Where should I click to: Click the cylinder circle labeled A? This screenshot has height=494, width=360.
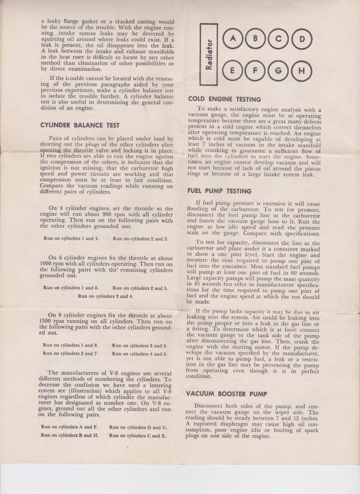(x=233, y=39)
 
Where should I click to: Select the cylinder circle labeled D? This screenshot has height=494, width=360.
(x=302, y=40)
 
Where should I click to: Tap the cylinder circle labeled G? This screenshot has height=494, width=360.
(x=279, y=71)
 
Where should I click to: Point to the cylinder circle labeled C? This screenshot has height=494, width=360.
(x=279, y=40)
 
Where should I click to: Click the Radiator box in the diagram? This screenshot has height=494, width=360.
(x=209, y=54)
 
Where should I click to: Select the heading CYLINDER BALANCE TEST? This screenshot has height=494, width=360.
(x=80, y=125)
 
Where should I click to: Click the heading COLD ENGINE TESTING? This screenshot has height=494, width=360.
(x=224, y=99)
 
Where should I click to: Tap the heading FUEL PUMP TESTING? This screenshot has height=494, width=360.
(x=219, y=191)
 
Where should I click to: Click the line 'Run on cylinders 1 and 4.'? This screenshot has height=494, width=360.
(x=71, y=238)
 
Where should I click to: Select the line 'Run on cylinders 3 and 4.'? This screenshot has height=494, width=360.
(x=105, y=296)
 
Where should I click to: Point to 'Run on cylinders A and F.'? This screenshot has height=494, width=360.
(x=69, y=427)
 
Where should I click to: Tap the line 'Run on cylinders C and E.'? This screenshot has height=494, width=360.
(x=138, y=435)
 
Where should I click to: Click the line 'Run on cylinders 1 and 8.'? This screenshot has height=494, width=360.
(x=70, y=345)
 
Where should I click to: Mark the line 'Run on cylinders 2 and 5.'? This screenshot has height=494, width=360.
(x=140, y=288)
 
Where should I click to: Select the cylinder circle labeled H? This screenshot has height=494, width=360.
(x=302, y=71)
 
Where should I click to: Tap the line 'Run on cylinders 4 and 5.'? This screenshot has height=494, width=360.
(x=139, y=354)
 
